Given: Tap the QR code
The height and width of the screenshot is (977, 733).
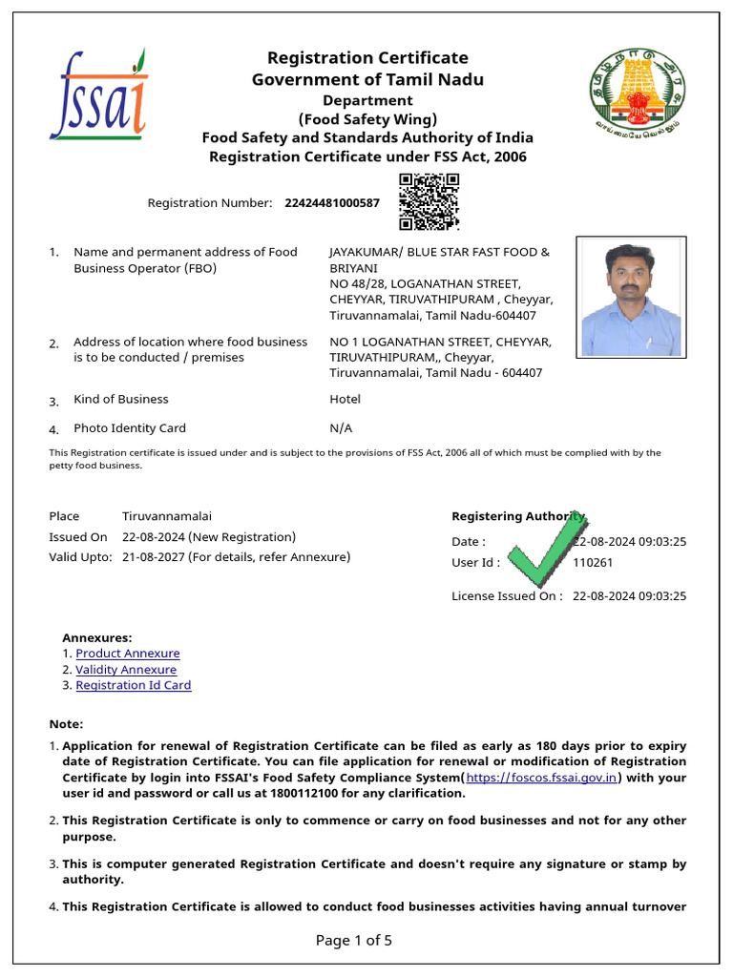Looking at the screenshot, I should pos(429,201).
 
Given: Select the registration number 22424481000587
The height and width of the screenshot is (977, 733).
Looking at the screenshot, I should pos(332,203).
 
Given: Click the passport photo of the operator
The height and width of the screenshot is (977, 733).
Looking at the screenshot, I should pos(631,297).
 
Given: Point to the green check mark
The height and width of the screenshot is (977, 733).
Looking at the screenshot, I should pos(542,551).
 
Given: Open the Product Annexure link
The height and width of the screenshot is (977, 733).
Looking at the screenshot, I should pos(128,654).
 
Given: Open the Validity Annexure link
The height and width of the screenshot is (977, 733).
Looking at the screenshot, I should pos(126,670).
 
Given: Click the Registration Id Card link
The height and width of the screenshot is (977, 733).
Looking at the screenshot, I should pos(134,685).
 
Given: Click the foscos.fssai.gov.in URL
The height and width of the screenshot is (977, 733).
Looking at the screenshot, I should pos(542,778).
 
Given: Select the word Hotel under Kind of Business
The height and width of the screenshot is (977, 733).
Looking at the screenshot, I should pos(345,399).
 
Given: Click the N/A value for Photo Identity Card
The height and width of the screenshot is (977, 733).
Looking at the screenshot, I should pos(341,428).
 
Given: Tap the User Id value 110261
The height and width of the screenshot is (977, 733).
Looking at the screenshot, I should pos(593,563).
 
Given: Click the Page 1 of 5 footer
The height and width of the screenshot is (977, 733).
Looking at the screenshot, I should pos(354,941).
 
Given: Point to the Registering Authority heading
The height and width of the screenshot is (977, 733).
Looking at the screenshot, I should pos(517,516).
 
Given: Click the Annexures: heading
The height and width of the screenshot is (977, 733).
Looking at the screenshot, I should pos(97,637).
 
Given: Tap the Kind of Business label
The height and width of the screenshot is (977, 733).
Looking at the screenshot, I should pos(121,399).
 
